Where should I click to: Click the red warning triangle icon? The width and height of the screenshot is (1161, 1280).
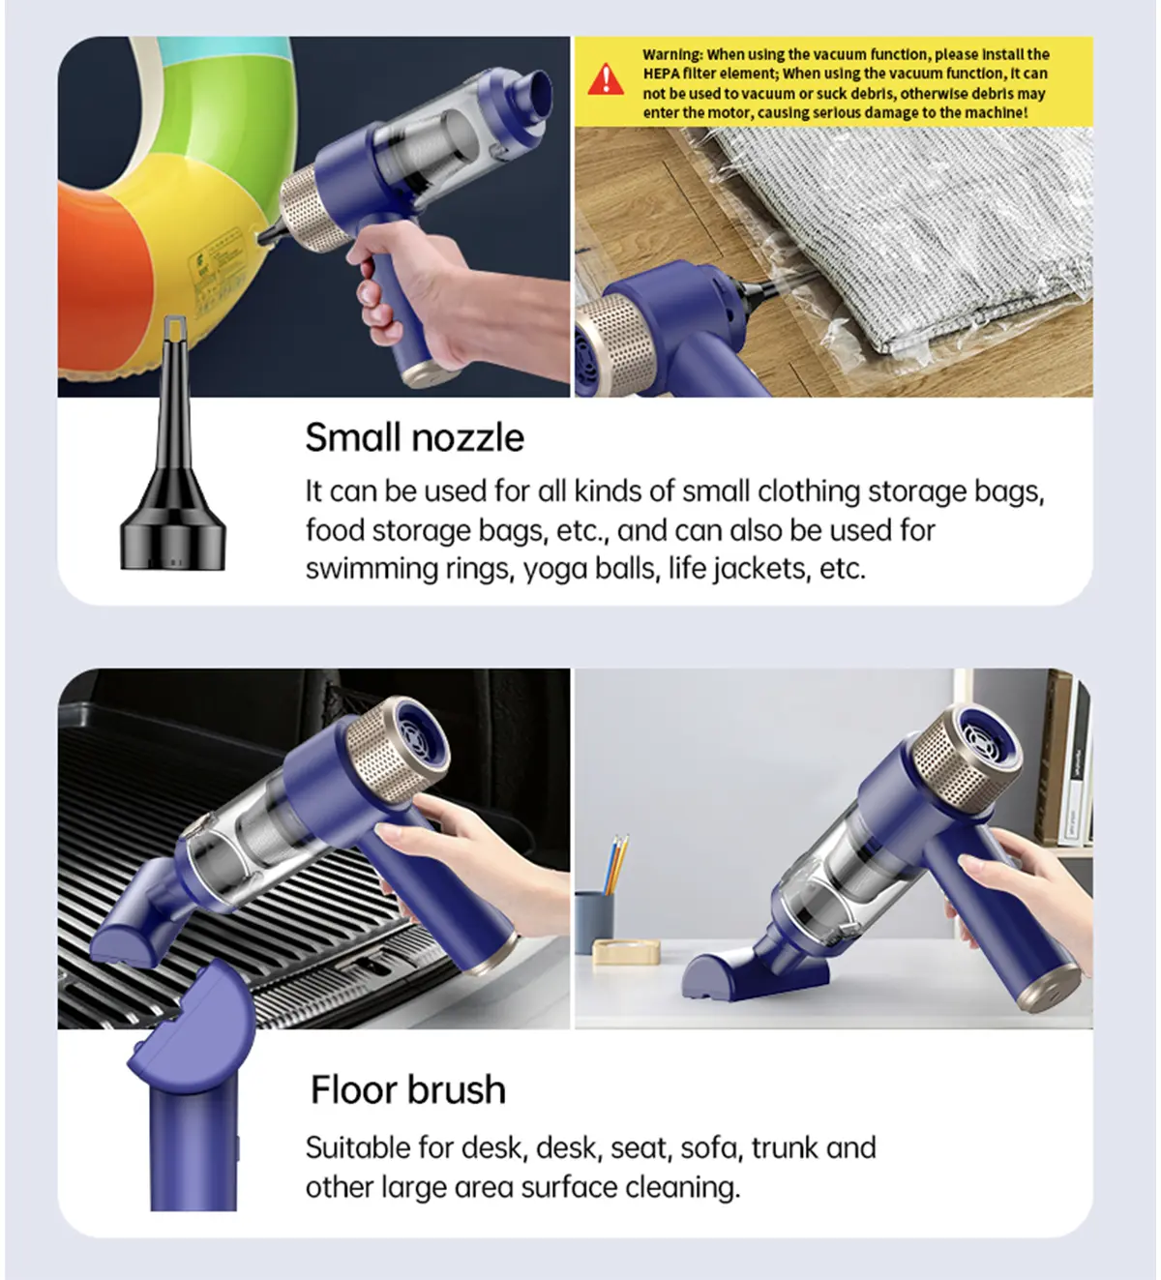tap(605, 79)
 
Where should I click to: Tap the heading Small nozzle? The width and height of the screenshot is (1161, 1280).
tap(415, 437)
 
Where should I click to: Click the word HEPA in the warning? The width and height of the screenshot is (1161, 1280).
tap(661, 74)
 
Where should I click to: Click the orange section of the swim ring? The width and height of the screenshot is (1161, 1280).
tap(103, 281)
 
